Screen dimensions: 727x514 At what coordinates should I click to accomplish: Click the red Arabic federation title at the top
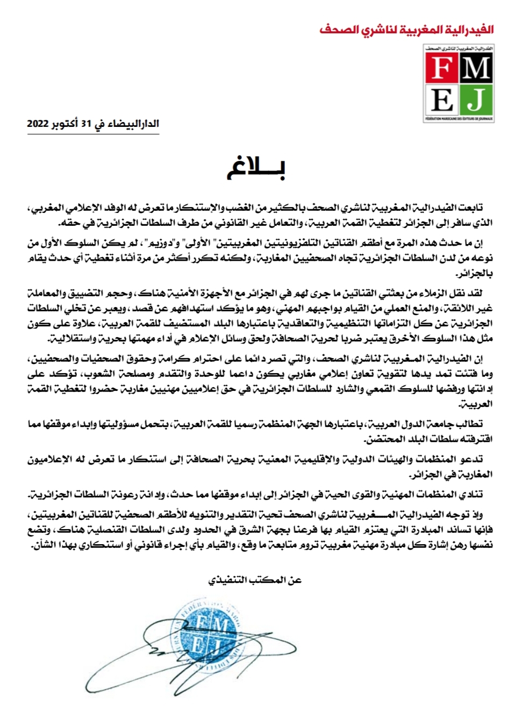click(x=406, y=30)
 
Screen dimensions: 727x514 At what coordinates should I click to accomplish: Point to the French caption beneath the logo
click(x=459, y=118)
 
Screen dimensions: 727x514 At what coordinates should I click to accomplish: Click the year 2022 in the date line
click(x=38, y=124)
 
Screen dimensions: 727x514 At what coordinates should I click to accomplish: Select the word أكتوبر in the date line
click(x=63, y=124)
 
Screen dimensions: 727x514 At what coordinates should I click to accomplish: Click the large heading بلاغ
click(x=256, y=168)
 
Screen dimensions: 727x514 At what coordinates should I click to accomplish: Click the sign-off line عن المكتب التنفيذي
click(x=255, y=580)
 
